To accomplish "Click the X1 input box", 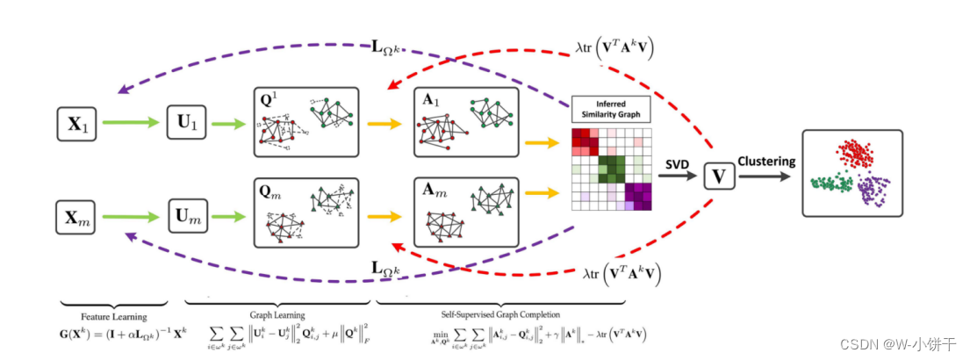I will [x=75, y=124].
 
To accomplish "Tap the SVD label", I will [x=678, y=163].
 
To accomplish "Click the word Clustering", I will [x=765, y=162].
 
